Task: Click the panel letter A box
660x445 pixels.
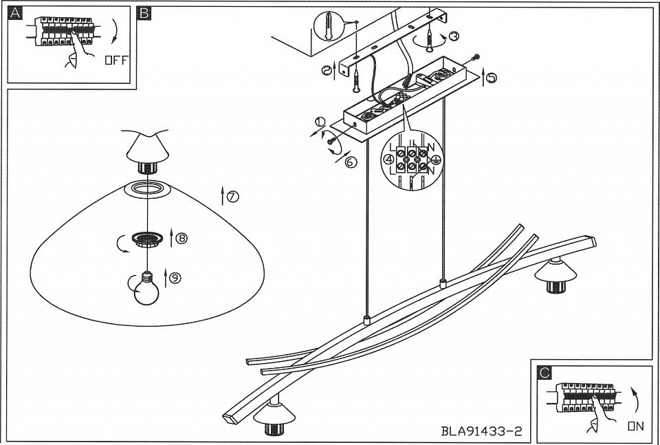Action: click(x=15, y=14)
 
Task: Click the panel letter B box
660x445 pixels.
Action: click(x=144, y=14)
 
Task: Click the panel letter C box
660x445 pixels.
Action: click(x=544, y=373)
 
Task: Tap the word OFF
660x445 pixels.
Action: click(x=115, y=61)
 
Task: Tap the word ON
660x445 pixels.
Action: click(x=636, y=426)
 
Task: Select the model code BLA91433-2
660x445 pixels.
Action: click(x=481, y=431)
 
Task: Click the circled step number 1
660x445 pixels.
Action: click(x=320, y=122)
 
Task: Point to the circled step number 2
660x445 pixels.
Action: click(x=327, y=71)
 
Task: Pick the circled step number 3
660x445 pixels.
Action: click(x=454, y=36)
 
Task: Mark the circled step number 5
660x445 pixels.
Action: click(x=492, y=78)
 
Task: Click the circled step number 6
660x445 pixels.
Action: click(x=351, y=162)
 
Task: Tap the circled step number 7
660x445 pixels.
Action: click(x=233, y=196)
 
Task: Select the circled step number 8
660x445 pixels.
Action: click(x=181, y=238)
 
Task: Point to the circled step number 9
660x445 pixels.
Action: click(x=175, y=278)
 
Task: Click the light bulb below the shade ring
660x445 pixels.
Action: click(x=146, y=288)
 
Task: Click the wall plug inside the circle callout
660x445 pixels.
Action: click(x=329, y=25)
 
